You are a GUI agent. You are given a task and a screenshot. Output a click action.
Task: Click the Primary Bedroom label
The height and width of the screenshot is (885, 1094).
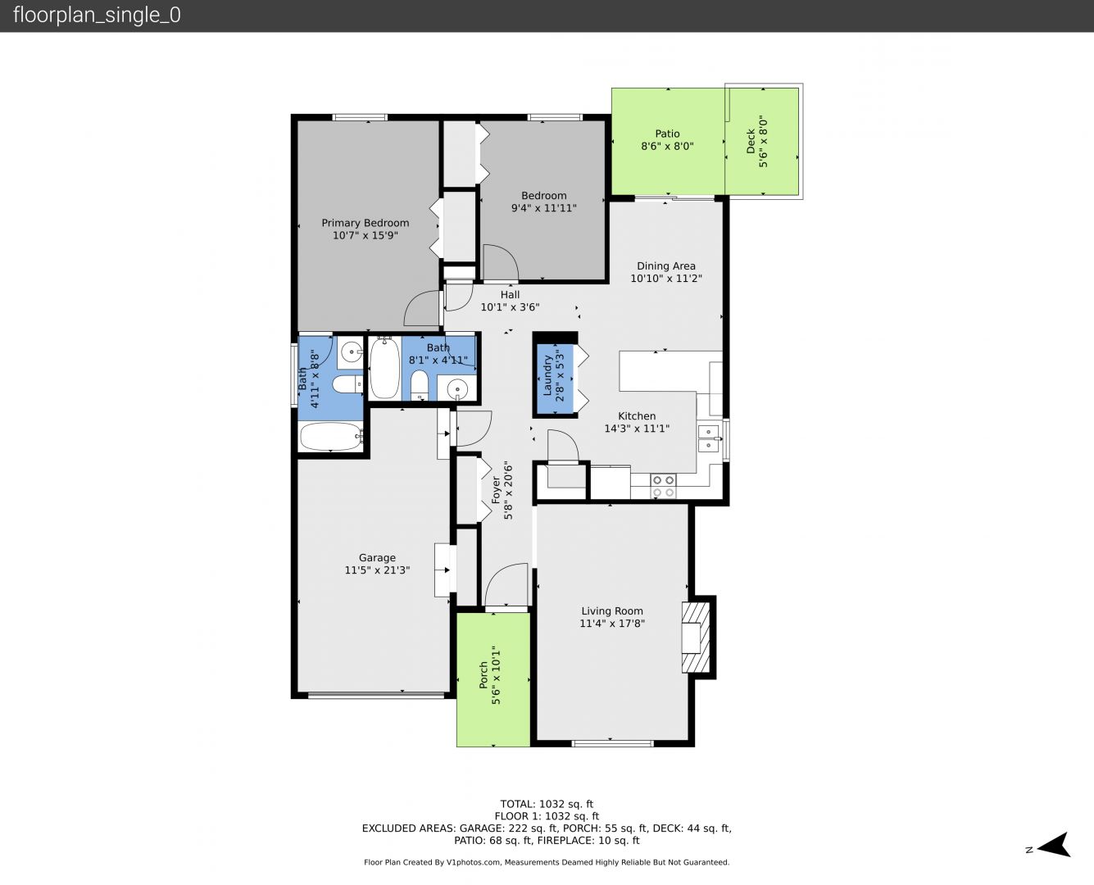pyautogui.click(x=365, y=223)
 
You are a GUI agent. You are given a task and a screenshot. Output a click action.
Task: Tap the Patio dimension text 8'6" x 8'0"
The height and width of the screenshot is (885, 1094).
pyautogui.click(x=667, y=147)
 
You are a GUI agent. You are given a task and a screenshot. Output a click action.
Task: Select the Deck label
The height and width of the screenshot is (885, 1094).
pyautogui.click(x=751, y=141)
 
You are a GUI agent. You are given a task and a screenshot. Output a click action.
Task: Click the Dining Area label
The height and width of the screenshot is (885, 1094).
pyautogui.click(x=666, y=266)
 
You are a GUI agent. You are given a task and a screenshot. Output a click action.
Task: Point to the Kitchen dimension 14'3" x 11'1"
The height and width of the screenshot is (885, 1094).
pyautogui.click(x=637, y=429)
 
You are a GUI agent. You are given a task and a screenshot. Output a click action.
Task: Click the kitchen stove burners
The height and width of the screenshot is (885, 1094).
pyautogui.click(x=663, y=487)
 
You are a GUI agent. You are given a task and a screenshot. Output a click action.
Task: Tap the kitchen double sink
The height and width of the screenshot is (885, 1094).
pyautogui.click(x=710, y=438)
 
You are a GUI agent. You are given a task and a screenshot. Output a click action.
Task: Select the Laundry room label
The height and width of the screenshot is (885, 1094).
pyautogui.click(x=547, y=376)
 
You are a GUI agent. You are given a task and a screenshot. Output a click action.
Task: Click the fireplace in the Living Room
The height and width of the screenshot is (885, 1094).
pyautogui.click(x=696, y=638)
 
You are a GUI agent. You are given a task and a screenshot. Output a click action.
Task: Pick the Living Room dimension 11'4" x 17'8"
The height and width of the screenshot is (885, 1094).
pyautogui.click(x=612, y=624)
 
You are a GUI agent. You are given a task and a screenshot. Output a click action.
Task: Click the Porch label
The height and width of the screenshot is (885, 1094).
pyautogui.click(x=483, y=675)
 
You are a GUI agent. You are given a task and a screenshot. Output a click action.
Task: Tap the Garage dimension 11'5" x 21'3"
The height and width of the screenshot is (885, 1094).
pyautogui.click(x=377, y=570)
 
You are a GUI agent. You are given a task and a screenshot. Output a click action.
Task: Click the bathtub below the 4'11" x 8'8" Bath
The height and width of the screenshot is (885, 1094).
pyautogui.click(x=332, y=437)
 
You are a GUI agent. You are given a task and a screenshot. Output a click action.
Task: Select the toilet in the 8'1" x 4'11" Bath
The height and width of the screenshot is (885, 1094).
pyautogui.click(x=420, y=385)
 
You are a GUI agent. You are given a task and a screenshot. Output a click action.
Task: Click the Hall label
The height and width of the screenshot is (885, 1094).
pyautogui.click(x=510, y=295)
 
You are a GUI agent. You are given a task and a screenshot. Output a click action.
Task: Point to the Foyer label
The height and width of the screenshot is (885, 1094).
pyautogui.click(x=496, y=490)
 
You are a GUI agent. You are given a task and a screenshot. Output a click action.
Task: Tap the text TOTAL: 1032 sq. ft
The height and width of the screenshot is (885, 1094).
pyautogui.click(x=547, y=805)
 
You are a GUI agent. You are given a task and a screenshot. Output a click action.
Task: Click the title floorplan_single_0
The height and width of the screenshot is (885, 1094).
pyautogui.click(x=97, y=16)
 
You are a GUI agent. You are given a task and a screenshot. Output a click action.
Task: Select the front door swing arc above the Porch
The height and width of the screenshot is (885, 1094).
pyautogui.click(x=506, y=584)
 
